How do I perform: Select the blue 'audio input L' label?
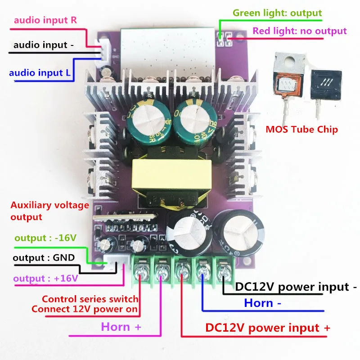point(43,72)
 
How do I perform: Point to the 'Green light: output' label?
point(277,13)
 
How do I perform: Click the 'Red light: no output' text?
point(300,31)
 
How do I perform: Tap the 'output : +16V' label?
point(45,279)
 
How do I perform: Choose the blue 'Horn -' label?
point(263,303)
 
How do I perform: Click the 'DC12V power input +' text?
point(267,328)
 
